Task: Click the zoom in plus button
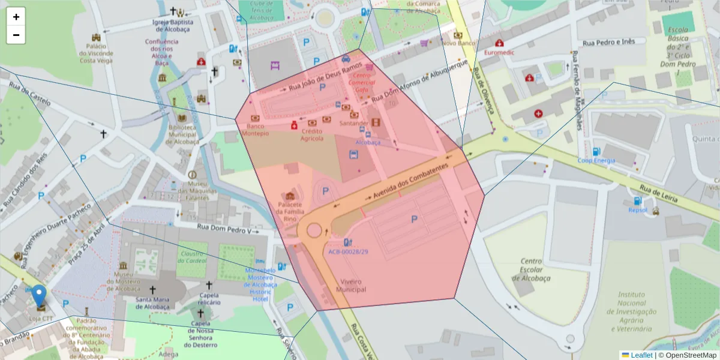click(x=16, y=17)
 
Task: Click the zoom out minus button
click(x=16, y=35)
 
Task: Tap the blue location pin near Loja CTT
click(x=39, y=296)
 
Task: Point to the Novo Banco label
click(x=458, y=43)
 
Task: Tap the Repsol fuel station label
click(x=638, y=210)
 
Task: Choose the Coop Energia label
click(x=596, y=160)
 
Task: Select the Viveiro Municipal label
click(x=353, y=285)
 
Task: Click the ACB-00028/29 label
click(x=348, y=252)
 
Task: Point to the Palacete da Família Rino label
click(x=290, y=211)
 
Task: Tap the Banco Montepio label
click(x=255, y=130)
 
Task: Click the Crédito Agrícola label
click(x=312, y=134)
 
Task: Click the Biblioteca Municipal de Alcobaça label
click(x=182, y=134)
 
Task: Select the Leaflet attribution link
click(x=641, y=355)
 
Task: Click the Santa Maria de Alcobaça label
click(x=152, y=303)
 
